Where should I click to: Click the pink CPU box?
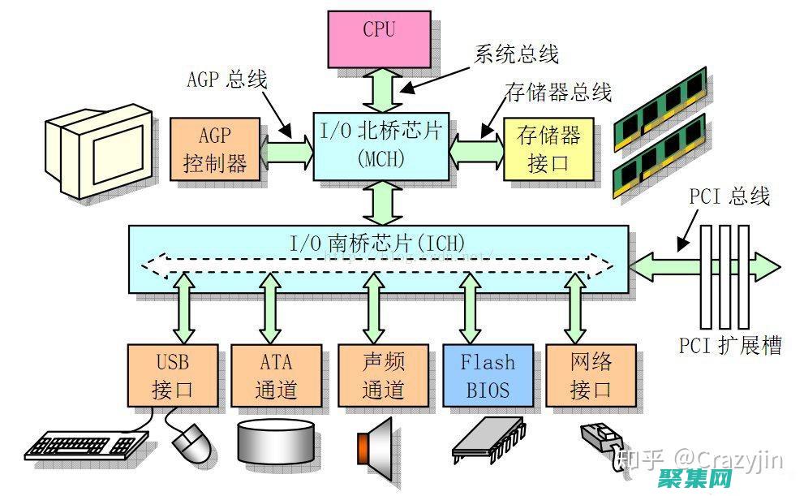click(x=379, y=38)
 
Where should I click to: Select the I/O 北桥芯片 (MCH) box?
click(x=381, y=144)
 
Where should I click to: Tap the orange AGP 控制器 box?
click(x=215, y=149)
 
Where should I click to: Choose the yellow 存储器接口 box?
click(x=548, y=149)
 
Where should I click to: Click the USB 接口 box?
click(x=173, y=375)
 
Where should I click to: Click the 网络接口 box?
click(x=591, y=375)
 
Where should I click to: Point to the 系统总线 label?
click(x=516, y=54)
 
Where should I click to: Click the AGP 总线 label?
click(x=227, y=79)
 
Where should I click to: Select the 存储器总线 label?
click(x=558, y=92)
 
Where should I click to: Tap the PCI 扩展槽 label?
click(x=730, y=346)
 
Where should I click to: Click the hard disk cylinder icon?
click(x=275, y=442)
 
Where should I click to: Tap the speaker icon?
click(x=374, y=443)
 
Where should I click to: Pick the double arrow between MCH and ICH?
click(x=380, y=203)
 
